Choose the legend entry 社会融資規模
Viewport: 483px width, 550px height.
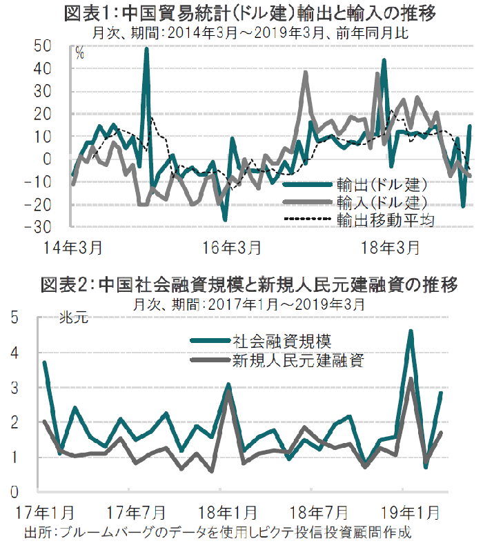(x=282, y=340)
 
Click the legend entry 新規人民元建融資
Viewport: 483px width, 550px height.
(x=297, y=360)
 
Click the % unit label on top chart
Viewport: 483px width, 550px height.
(x=79, y=54)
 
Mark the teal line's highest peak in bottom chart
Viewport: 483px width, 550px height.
(x=411, y=331)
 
